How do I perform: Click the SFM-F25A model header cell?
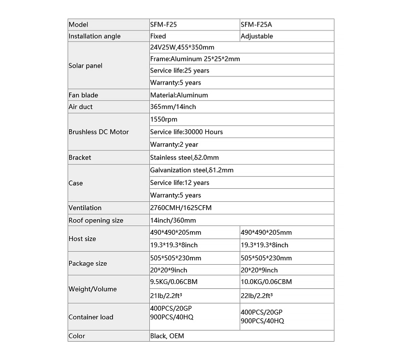pos(260,25)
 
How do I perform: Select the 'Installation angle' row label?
pos(95,36)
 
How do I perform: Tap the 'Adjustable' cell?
pos(257,36)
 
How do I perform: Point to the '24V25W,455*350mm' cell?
pos(182,47)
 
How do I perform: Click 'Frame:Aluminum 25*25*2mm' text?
pos(195,59)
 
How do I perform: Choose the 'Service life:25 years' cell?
pos(179,71)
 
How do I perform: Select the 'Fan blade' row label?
pos(83,95)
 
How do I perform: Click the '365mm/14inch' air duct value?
pos(173,107)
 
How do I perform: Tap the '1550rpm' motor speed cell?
pos(164,119)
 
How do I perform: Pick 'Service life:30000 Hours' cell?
pos(186,132)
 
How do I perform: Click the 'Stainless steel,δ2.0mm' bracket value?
pos(184,158)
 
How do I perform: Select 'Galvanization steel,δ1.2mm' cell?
pos(191,170)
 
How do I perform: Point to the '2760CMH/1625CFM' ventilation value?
pos(181,208)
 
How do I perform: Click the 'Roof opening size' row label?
pos(96,221)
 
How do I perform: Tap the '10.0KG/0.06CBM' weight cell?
pos(266,282)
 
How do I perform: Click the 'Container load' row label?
pos(91,317)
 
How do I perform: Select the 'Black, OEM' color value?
pos(167,336)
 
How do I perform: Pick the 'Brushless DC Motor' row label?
pos(99,132)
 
